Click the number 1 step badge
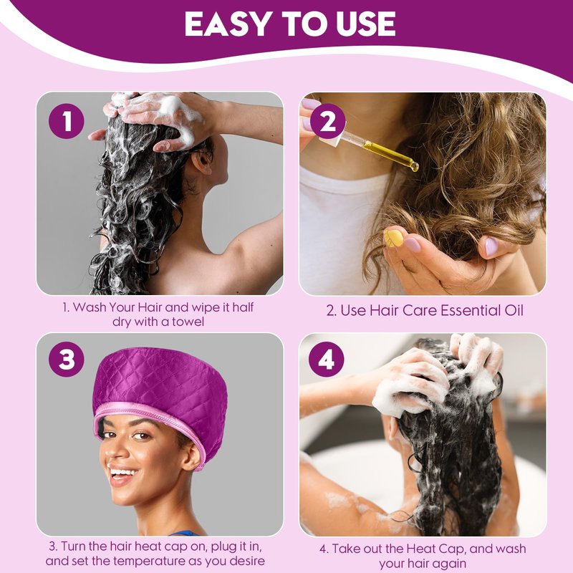point(67,121)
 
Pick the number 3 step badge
point(67,360)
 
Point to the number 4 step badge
point(327,360)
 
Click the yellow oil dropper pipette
point(377,150)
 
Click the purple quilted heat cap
point(160,402)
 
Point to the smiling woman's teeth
point(122,471)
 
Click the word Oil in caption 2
point(514,310)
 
